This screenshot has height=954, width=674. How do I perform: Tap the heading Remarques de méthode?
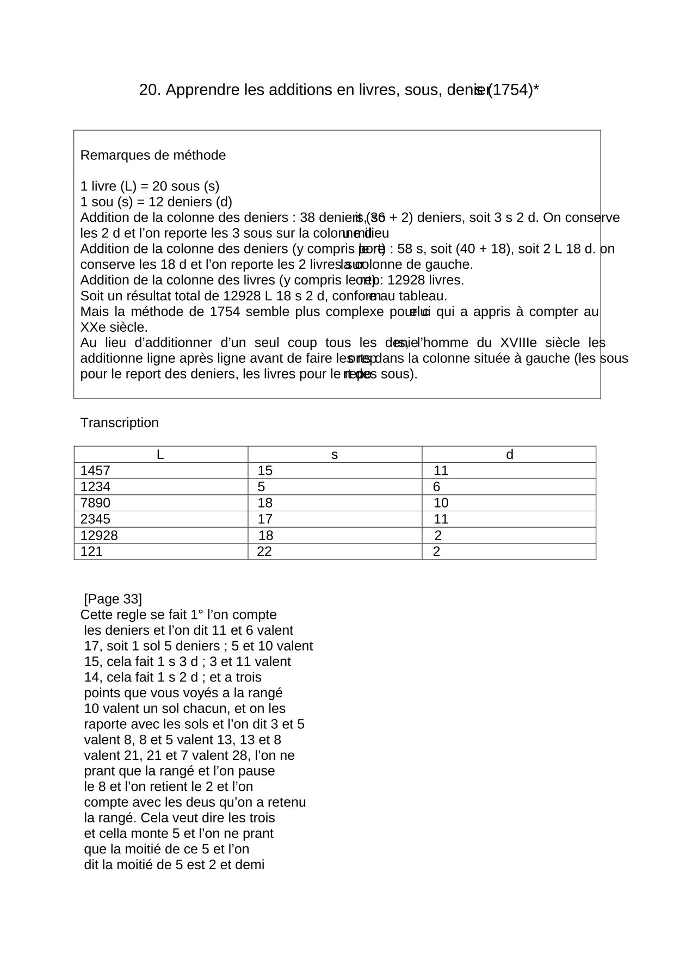pos(153,156)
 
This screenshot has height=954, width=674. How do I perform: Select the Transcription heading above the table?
pos(120,423)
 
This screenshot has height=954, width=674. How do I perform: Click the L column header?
pos(160,455)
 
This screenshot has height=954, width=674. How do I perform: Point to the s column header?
pos(335,455)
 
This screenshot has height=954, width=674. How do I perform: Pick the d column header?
pos(510,455)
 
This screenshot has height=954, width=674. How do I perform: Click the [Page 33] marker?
pos(113,599)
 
